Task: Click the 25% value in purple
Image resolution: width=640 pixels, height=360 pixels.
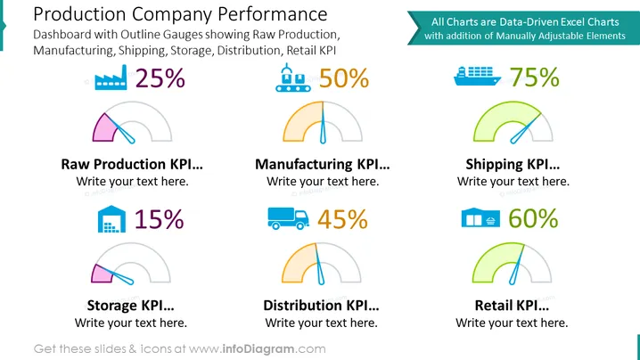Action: tap(160, 78)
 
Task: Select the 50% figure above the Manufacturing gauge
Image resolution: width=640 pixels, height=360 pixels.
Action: tap(344, 78)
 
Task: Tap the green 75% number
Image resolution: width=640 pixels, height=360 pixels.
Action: tap(534, 77)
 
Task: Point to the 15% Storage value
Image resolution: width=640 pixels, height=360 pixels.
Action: tap(160, 219)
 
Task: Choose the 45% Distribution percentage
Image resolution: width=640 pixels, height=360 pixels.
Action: tap(343, 219)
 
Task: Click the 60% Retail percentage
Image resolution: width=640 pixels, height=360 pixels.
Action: tap(533, 218)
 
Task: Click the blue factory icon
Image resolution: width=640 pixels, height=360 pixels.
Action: tap(111, 78)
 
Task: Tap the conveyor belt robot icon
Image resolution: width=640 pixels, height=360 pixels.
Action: tap(293, 78)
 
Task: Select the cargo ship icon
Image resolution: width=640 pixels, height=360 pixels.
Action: tap(477, 76)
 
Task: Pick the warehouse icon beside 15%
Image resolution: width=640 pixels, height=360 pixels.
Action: tap(111, 219)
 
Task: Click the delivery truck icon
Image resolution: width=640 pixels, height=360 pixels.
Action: tap(288, 218)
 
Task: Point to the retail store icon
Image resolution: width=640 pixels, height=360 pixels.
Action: tap(480, 217)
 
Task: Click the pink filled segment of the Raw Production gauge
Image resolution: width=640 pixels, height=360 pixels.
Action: tap(104, 128)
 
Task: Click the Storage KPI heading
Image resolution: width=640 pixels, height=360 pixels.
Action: tap(131, 306)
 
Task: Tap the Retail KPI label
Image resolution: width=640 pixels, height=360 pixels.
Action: tap(512, 306)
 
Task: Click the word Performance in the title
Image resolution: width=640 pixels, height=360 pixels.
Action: tap(273, 14)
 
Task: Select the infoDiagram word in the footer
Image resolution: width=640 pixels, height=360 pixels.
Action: tap(258, 349)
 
